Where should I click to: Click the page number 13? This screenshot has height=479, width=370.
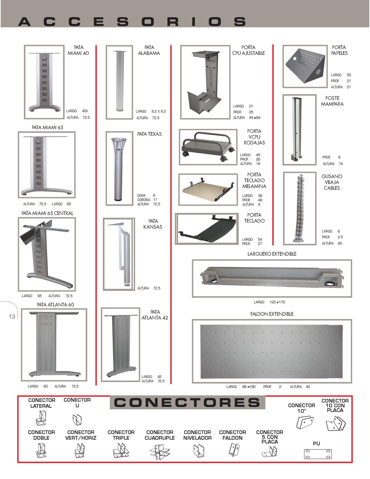[x=12, y=316]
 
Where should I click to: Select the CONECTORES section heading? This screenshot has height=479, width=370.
[x=187, y=402]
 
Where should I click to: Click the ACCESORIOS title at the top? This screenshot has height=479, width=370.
[x=132, y=22]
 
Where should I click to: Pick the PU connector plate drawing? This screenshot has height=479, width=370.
[x=318, y=454]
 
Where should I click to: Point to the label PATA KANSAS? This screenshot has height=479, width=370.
[x=153, y=224]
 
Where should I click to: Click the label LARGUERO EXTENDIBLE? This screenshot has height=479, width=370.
[x=272, y=254]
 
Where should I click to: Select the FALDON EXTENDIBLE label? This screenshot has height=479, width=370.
[x=272, y=314]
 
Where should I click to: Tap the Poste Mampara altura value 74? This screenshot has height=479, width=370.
[x=341, y=164]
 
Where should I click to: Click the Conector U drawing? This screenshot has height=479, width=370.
[x=77, y=420]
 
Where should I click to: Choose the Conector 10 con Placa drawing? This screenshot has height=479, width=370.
[x=336, y=424]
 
